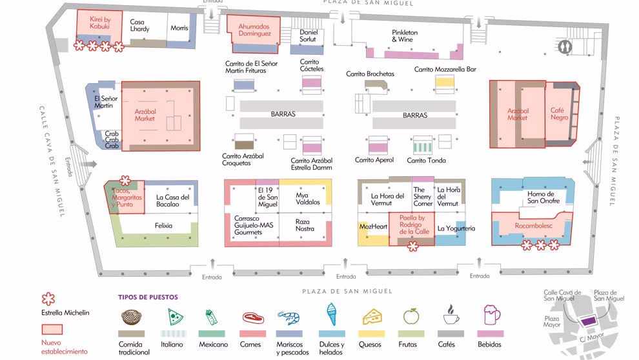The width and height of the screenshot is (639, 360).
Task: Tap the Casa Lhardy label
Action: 139,26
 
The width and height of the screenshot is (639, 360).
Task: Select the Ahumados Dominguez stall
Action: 254,30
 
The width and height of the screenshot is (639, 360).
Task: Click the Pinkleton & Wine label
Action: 405,36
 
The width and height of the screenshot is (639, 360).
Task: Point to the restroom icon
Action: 566,46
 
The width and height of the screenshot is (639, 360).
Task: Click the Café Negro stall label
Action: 559,114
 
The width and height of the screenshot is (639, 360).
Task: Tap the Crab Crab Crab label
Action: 112,140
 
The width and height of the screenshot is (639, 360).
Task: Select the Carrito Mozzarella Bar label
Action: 445,70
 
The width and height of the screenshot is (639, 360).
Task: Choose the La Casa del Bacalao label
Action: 172,201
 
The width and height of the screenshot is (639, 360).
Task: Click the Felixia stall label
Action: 163,226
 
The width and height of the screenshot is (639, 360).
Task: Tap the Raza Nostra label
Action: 305,225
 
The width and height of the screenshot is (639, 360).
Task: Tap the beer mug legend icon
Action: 492,316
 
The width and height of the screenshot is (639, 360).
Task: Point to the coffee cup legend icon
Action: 451,316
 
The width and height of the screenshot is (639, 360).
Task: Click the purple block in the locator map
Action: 588,321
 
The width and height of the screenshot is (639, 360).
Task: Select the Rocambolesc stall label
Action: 534,226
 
